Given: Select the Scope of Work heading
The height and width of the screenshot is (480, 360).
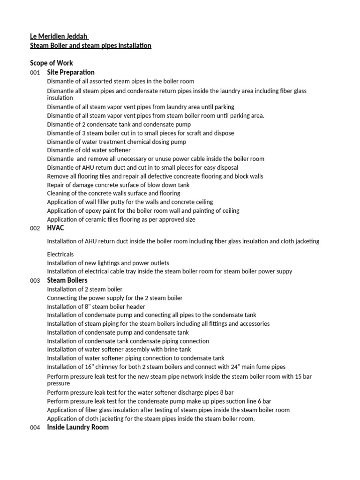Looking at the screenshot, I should tap(52, 63).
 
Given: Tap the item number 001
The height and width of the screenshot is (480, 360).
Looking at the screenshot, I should tap(35, 73).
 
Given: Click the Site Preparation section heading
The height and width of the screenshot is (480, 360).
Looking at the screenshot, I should tap(71, 72).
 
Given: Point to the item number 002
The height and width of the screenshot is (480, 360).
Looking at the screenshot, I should tap(35, 228).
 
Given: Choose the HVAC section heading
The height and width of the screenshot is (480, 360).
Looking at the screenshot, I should tap(55, 228).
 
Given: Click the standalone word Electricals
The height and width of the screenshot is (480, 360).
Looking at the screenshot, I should tap(60, 255).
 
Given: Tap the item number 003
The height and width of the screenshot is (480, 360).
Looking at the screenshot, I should tap(35, 281).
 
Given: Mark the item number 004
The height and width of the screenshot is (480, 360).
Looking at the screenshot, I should tap(35, 427).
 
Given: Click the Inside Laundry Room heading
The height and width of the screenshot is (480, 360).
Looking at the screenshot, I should tap(78, 427).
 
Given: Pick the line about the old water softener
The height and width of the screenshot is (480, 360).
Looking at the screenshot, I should tap(89, 150).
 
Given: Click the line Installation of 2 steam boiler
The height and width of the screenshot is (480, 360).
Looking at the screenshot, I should tap(85, 289).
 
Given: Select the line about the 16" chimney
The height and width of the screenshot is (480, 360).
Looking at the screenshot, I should tap(166, 367).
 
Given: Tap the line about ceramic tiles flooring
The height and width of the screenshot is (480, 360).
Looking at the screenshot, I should tap(121, 219).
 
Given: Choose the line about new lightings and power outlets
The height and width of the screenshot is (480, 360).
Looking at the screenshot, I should tap(108, 263).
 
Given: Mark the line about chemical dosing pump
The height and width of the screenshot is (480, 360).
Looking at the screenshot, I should tap(117, 142).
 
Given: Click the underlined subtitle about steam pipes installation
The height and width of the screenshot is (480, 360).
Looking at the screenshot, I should tap(90, 46).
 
